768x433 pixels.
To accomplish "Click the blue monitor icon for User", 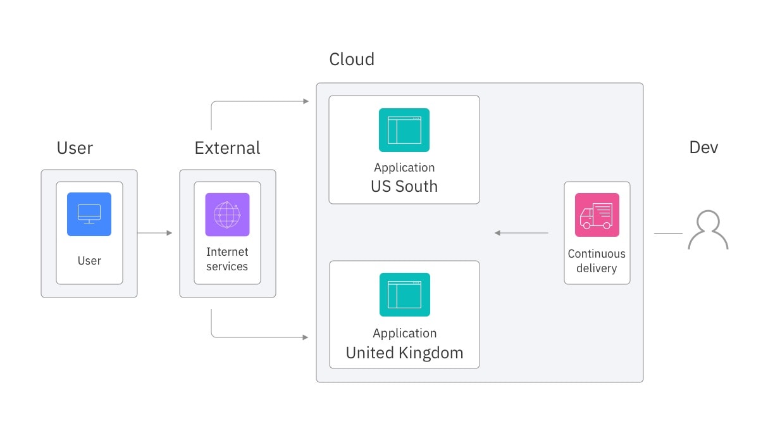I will (89, 214).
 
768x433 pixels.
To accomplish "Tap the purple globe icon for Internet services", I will (227, 215).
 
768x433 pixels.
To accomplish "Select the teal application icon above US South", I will (404, 130).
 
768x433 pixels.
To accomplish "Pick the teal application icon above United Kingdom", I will (404, 294).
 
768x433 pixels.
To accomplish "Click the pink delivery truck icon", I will (597, 215).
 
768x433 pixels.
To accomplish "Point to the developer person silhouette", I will (708, 230).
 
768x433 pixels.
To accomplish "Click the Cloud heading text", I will (352, 60).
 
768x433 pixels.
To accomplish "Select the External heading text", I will (227, 148).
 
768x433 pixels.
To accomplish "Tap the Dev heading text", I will (703, 147).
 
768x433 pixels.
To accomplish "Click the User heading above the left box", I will (75, 148).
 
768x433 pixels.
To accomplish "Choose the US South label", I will (404, 186).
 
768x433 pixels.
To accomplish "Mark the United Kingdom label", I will (404, 353).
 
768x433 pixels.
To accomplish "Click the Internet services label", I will (227, 260).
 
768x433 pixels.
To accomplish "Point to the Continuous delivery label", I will (596, 261).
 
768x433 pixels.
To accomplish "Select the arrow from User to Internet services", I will (154, 233).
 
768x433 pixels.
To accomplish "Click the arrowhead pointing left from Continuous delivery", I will (498, 233).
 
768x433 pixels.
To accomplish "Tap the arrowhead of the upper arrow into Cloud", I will (306, 101).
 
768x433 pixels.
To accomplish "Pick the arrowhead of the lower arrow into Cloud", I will (306, 337).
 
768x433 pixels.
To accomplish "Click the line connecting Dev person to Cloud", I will (668, 233).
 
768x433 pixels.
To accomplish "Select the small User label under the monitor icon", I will (89, 261).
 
